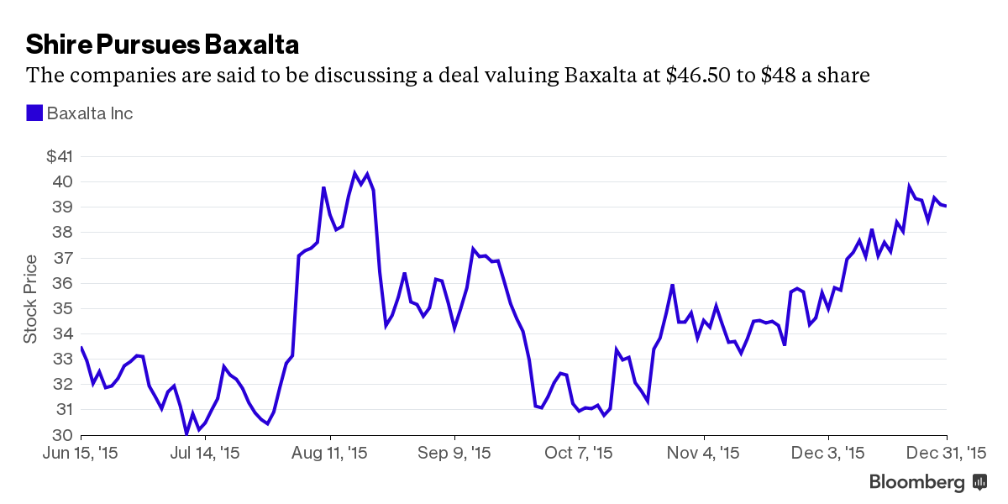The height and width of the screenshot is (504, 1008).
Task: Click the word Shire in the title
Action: pos(56,44)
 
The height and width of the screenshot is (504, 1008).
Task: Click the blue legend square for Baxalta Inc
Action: pos(34,113)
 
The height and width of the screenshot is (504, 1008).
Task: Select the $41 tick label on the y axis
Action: pos(60,156)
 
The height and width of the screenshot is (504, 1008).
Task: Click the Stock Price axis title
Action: pos(30,297)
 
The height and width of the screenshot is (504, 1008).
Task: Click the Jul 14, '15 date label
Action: pos(205,453)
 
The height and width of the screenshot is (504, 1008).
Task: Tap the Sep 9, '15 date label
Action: pos(454,453)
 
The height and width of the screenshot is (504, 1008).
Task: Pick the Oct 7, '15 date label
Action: pos(579,453)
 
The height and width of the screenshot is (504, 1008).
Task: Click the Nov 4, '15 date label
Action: pos(704,453)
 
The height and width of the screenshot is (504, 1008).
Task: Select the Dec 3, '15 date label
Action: pos(828,453)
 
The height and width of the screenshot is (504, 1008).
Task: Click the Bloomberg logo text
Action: pos(916,482)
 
